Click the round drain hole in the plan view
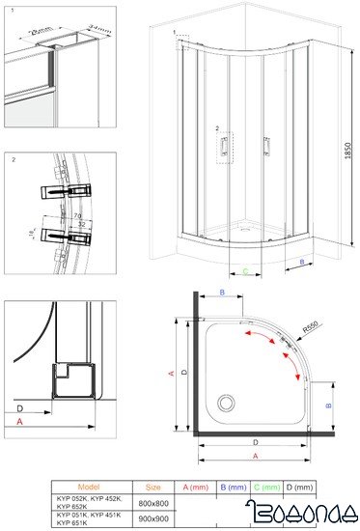pos(228,399)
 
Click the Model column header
pos(87,488)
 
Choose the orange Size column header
pos(153,488)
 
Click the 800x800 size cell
pos(153,502)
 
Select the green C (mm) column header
pos(266,488)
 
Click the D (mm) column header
pos(300,488)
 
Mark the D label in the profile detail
pos(20,408)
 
